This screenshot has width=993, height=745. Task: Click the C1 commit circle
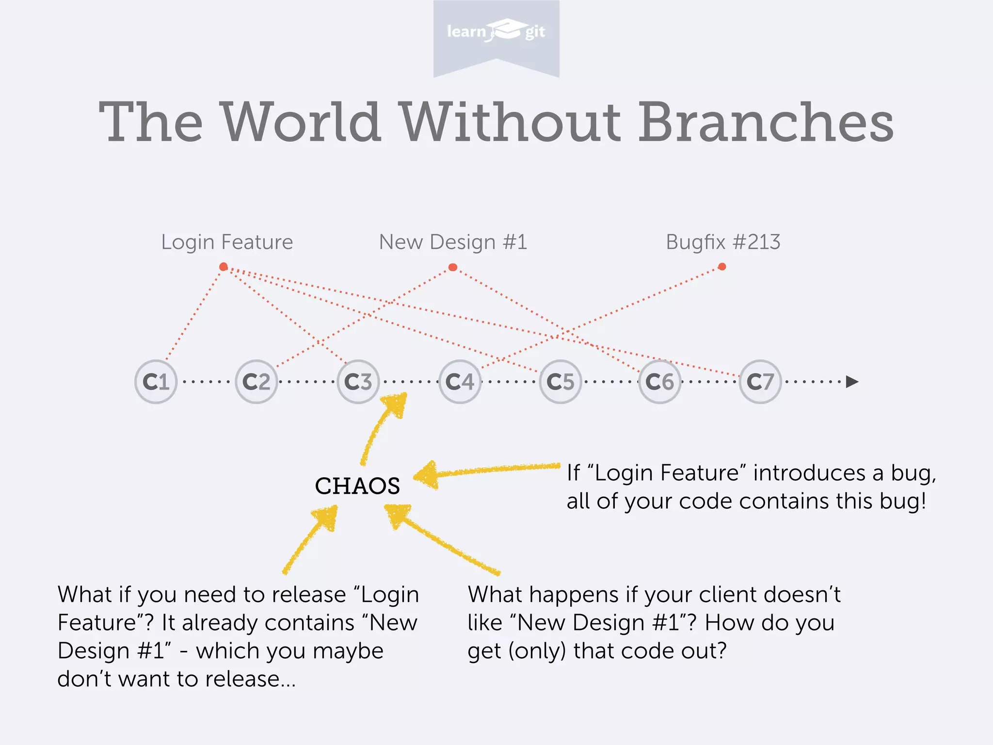[x=156, y=382]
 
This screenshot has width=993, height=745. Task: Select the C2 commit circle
[x=256, y=382]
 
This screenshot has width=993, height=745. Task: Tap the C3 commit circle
[x=358, y=382]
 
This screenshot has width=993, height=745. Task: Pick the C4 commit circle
[x=460, y=382]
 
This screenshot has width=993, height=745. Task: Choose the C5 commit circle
[x=561, y=382]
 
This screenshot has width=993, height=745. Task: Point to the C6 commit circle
[x=660, y=382]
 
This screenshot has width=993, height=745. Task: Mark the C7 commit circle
[x=760, y=382]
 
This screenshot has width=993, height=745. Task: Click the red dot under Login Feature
[x=224, y=267]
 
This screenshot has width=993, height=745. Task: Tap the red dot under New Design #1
[x=453, y=267]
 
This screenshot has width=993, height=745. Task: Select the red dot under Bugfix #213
[x=722, y=267]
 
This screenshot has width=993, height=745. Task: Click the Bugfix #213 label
[x=723, y=242]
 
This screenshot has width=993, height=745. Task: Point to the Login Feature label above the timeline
[x=227, y=242]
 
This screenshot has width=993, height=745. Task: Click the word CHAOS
[x=357, y=486]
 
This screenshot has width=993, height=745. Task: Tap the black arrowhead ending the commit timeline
[x=852, y=382]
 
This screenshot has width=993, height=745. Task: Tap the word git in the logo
[x=535, y=32]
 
